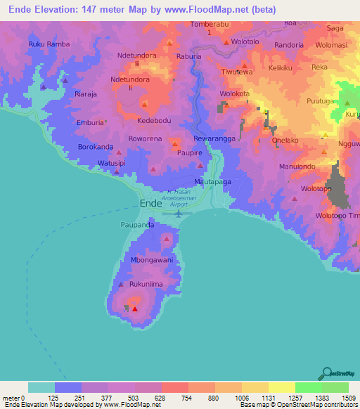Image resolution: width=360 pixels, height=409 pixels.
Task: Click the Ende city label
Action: point(151,203)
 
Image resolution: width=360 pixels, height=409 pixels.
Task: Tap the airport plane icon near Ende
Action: point(179,213)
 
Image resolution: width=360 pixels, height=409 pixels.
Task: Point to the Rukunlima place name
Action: point(146,285)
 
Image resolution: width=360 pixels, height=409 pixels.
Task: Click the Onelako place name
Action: point(285,140)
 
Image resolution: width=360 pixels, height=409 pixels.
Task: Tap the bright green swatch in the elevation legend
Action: point(308,387)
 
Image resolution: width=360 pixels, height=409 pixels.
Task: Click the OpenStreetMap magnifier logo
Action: point(326,373)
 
